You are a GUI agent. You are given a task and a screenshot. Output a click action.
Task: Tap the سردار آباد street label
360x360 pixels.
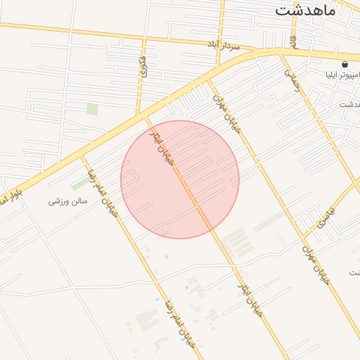[224, 46]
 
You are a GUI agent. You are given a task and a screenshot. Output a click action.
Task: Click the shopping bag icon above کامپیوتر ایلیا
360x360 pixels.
[344, 63]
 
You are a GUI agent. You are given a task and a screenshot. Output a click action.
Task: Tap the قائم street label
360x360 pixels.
[145, 64]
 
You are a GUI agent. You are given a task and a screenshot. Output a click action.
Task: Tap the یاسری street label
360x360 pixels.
[328, 217]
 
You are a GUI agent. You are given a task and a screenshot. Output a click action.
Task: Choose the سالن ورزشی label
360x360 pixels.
[67, 201]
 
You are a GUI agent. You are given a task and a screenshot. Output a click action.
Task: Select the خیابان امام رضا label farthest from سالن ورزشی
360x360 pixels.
[179, 325]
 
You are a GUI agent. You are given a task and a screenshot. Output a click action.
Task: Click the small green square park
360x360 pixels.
[92, 109]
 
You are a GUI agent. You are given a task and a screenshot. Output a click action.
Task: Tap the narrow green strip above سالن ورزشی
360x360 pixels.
[81, 183]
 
